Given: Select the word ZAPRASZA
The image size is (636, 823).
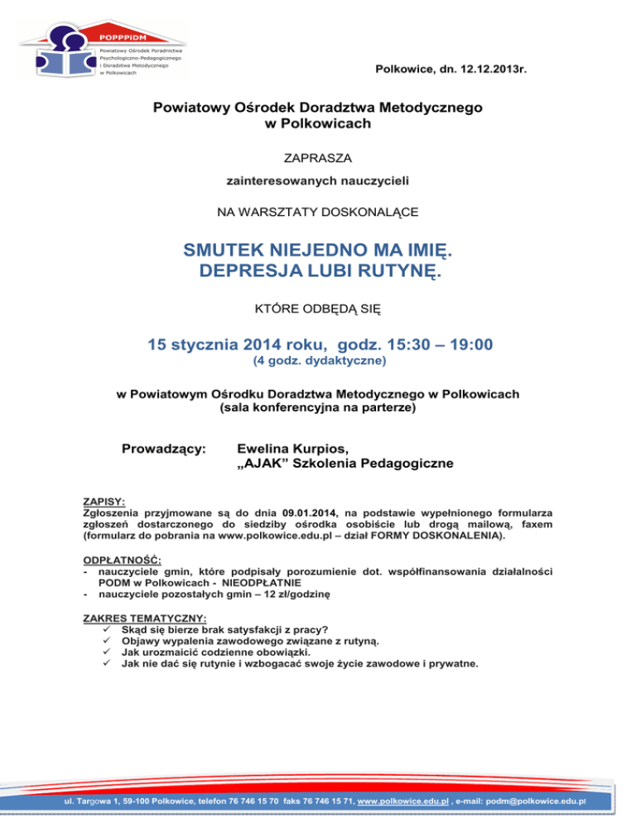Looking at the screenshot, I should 317,154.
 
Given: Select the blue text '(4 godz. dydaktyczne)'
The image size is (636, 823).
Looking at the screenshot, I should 317,362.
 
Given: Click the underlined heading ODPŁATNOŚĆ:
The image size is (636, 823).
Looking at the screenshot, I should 115,561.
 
